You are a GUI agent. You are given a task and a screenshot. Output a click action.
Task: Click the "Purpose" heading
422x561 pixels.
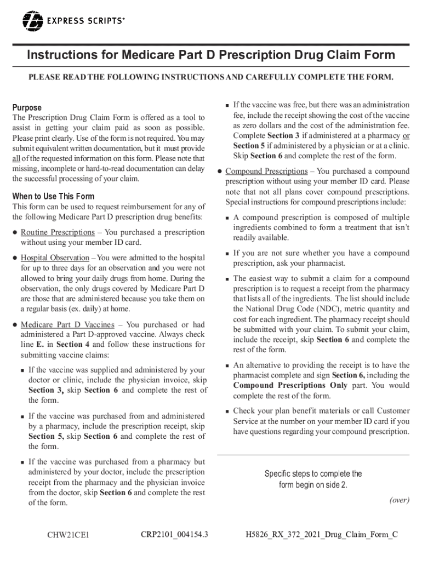point(27,107)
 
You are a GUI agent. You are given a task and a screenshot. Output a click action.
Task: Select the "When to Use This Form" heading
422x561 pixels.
point(54,196)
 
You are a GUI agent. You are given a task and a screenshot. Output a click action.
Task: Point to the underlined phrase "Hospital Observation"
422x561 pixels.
point(55,257)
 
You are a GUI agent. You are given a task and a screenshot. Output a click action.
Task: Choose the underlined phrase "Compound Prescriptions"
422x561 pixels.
point(266,171)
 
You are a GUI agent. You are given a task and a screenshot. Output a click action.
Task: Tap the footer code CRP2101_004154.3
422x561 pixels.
point(174,534)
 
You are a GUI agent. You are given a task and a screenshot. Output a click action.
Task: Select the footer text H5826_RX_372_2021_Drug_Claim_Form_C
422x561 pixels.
point(321,534)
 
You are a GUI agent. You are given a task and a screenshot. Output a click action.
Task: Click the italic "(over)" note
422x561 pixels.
point(399,500)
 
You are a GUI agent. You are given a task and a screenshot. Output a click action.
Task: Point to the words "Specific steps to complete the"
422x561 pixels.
point(313,474)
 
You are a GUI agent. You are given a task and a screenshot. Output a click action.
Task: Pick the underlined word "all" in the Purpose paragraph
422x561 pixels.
point(17,159)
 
